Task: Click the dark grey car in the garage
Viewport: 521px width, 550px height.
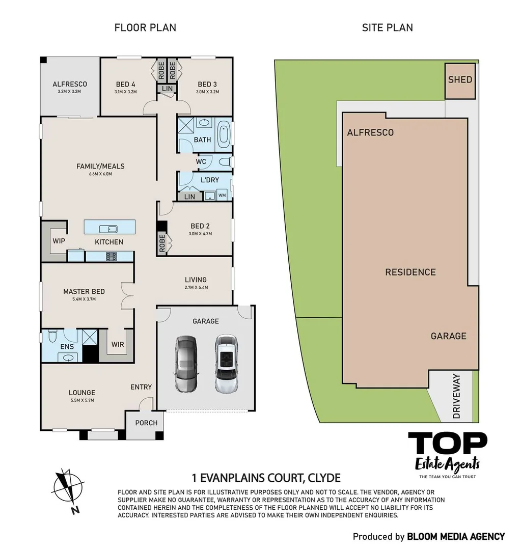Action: tap(186, 364)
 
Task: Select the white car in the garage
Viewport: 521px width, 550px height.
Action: tap(226, 364)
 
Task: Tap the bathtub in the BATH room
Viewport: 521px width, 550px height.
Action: tap(223, 135)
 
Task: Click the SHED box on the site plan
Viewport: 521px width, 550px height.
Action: tap(460, 80)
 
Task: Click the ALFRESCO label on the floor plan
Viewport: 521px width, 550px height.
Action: tap(70, 84)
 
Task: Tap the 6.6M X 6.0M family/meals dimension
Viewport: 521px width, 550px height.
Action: tap(100, 174)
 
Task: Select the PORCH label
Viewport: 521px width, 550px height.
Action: tap(146, 423)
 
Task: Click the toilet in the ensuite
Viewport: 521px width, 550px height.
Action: tap(51, 337)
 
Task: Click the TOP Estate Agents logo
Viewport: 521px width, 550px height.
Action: tap(447, 454)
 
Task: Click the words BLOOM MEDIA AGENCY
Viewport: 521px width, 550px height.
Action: tap(456, 536)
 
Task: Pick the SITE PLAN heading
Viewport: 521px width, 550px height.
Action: tap(387, 28)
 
